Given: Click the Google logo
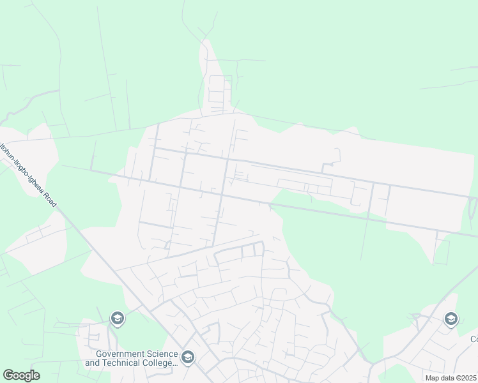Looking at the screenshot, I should click(x=21, y=375).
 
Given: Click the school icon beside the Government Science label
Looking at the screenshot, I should click(x=187, y=357).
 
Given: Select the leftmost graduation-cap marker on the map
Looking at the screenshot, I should click(x=117, y=317).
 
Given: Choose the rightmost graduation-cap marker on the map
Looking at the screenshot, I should click(x=451, y=318).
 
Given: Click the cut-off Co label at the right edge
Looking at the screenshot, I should click(x=474, y=339).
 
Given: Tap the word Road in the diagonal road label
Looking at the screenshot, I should click(x=50, y=196).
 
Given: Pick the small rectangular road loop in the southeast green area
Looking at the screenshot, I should click(x=441, y=252).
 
